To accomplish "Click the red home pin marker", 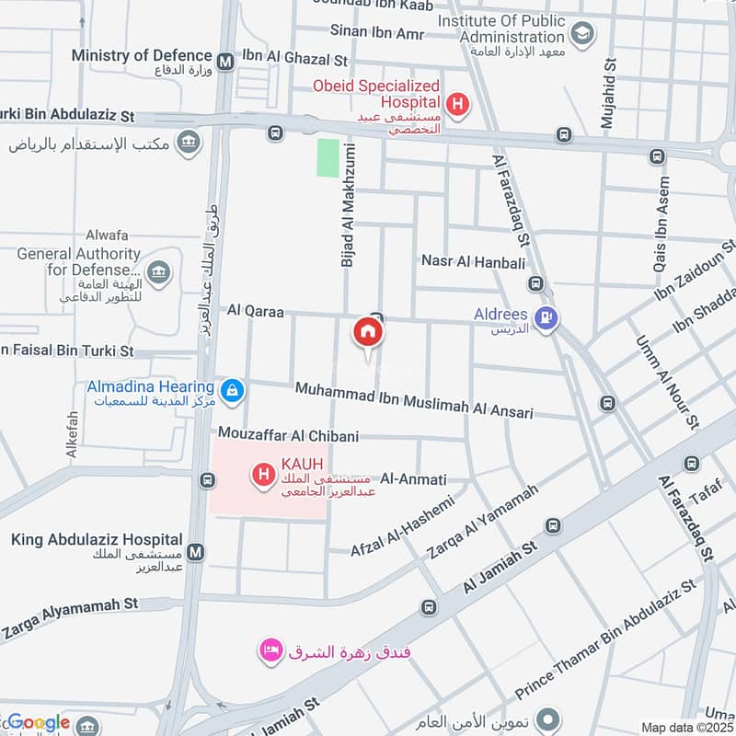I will point(368,332).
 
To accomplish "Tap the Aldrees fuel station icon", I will point(548,319).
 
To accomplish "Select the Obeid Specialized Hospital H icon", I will point(457,104).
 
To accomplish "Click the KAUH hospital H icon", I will point(264,475).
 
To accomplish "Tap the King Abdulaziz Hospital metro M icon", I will point(195,552).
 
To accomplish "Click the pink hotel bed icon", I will point(270,651).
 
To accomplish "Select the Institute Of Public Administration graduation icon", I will point(581,35).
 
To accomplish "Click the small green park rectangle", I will point(328,157).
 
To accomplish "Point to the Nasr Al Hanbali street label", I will point(473,262).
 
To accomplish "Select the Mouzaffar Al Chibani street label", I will point(288,434).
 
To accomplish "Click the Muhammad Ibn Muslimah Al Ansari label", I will point(414,402).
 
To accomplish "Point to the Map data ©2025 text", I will point(685,727).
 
